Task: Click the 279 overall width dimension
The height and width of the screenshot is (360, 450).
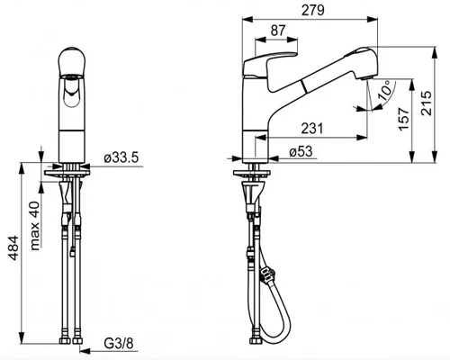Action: click(313, 11)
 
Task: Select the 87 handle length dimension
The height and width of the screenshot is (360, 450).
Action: click(278, 31)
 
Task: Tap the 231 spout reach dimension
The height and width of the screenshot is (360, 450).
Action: click(312, 129)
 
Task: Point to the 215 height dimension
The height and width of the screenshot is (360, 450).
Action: click(426, 103)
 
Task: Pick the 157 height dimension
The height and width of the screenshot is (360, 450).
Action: click(404, 119)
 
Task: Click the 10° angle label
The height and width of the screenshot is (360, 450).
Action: click(384, 90)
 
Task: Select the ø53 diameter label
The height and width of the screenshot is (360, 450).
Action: click(301, 151)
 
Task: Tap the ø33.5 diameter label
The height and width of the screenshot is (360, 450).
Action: click(121, 157)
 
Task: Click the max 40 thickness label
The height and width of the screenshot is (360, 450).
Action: click(35, 226)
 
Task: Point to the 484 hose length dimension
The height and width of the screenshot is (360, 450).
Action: click(13, 248)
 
